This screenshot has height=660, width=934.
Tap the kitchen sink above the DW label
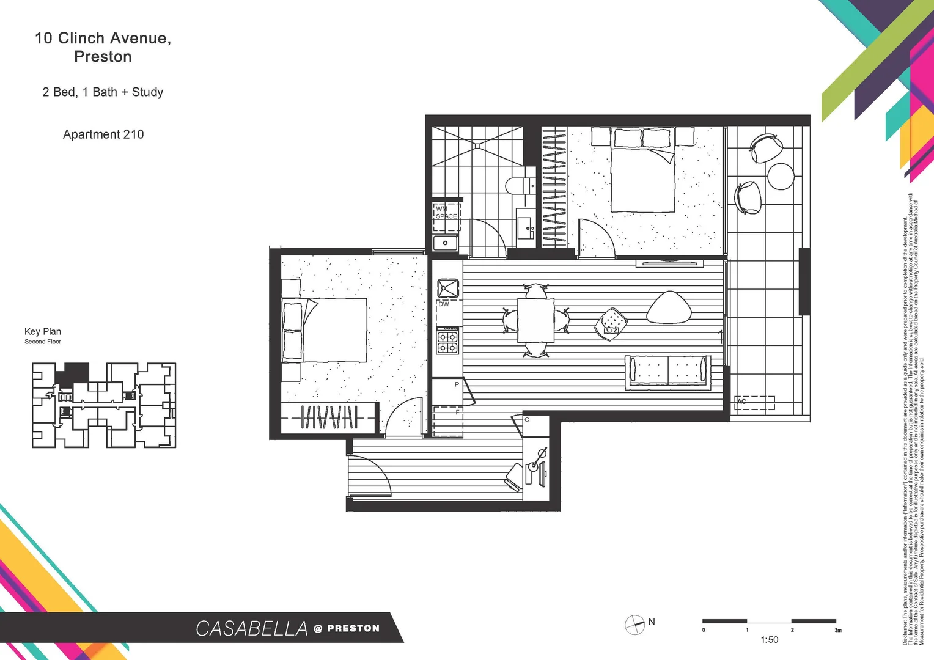pos(447,288)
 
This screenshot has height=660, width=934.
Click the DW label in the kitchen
pos(444,304)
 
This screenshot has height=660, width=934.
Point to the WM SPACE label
pos(446,212)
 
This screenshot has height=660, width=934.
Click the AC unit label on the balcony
pos(741,402)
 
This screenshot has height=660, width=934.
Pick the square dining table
pos(535,320)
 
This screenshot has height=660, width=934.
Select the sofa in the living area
pos(668,372)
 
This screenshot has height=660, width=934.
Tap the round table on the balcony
pos(781,177)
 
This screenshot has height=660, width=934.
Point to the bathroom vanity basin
pos(525,228)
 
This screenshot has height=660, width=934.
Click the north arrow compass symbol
pos(634,625)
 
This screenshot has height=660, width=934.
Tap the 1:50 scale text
pos(770,640)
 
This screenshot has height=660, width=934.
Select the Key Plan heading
pos(43,331)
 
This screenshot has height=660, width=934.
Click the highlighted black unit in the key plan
pos(76,372)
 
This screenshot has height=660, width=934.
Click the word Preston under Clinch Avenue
pos(103,57)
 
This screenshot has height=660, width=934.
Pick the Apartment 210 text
pos(103,134)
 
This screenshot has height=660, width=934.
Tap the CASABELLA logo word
pos(251,628)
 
